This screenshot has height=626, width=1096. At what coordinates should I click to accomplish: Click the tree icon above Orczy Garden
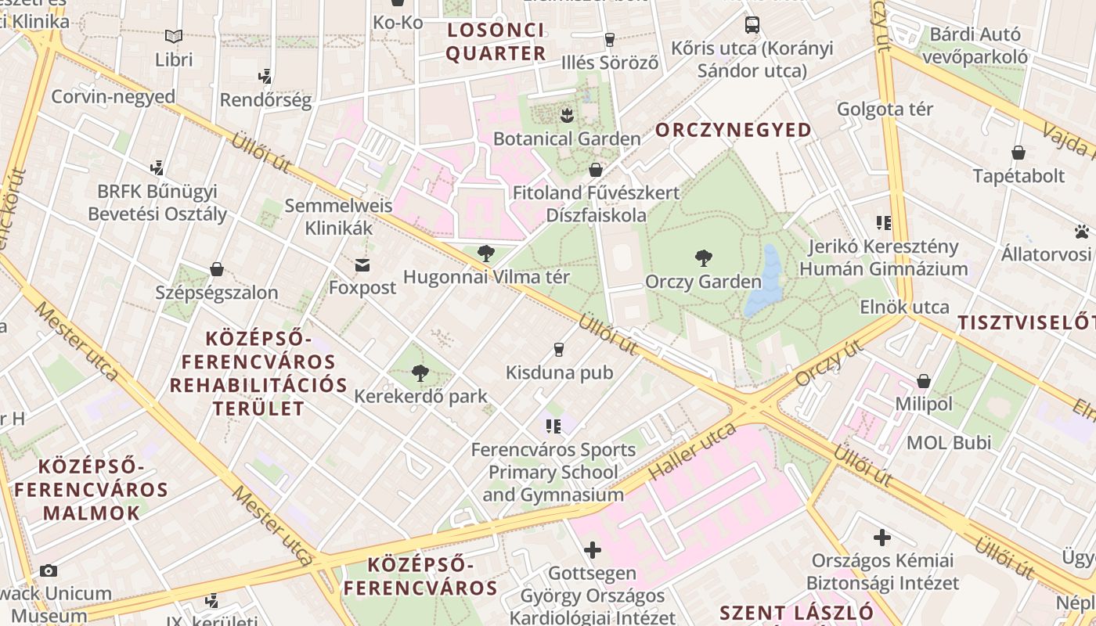(704, 257)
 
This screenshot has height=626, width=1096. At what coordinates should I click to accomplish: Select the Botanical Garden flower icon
(567, 117)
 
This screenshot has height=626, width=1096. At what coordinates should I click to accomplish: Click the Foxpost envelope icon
(362, 265)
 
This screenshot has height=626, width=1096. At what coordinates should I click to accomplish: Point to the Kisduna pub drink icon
(559, 349)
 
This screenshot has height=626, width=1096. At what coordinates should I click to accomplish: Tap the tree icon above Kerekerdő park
(420, 372)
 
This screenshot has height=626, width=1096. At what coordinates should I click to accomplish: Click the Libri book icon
(174, 36)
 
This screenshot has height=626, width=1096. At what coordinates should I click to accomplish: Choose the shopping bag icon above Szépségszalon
(217, 269)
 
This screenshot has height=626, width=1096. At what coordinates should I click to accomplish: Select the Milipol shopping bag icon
(924, 381)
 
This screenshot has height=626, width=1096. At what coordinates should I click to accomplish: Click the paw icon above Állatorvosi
(1082, 232)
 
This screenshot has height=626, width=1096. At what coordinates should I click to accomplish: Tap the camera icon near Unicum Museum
(49, 570)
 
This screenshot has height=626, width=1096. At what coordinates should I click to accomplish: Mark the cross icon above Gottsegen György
(593, 550)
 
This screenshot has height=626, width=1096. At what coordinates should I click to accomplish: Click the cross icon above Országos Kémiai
(882, 538)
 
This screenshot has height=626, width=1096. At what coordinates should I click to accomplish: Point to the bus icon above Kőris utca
(752, 24)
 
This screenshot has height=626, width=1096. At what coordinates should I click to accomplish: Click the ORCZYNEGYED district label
(734, 130)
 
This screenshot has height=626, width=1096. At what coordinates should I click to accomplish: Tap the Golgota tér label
(885, 109)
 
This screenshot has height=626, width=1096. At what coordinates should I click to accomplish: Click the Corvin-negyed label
(114, 97)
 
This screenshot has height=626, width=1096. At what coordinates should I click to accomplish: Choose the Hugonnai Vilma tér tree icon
(486, 253)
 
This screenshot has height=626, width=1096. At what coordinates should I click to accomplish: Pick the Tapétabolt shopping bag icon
(1018, 153)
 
